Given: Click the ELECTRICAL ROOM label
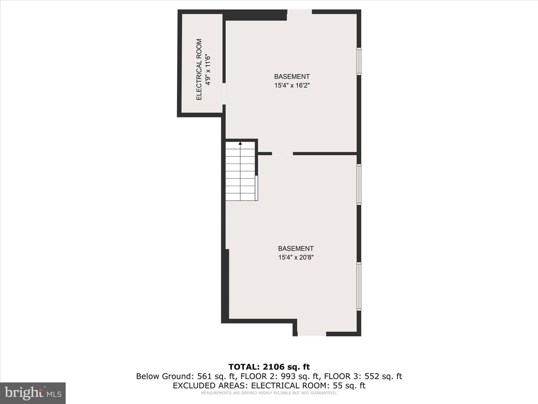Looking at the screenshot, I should [199, 69].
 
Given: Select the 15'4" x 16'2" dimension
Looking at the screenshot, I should [292, 85].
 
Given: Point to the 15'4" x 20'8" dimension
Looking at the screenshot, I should [296, 257].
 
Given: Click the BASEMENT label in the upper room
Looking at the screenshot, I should [292, 77].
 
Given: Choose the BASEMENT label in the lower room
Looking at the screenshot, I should [296, 249].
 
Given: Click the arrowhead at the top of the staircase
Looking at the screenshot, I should [240, 143].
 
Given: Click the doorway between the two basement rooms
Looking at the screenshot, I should [282, 154].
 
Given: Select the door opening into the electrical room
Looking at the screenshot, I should [224, 94].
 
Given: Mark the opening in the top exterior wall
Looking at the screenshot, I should [299, 12].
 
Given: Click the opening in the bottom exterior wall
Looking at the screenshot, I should [312, 334].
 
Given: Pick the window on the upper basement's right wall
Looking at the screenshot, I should [359, 61].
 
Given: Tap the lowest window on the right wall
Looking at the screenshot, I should [359, 286].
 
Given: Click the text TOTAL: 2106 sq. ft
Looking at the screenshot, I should [269, 367].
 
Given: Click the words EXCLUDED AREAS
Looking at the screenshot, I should [210, 386].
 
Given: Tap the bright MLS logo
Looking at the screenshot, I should [33, 393].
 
